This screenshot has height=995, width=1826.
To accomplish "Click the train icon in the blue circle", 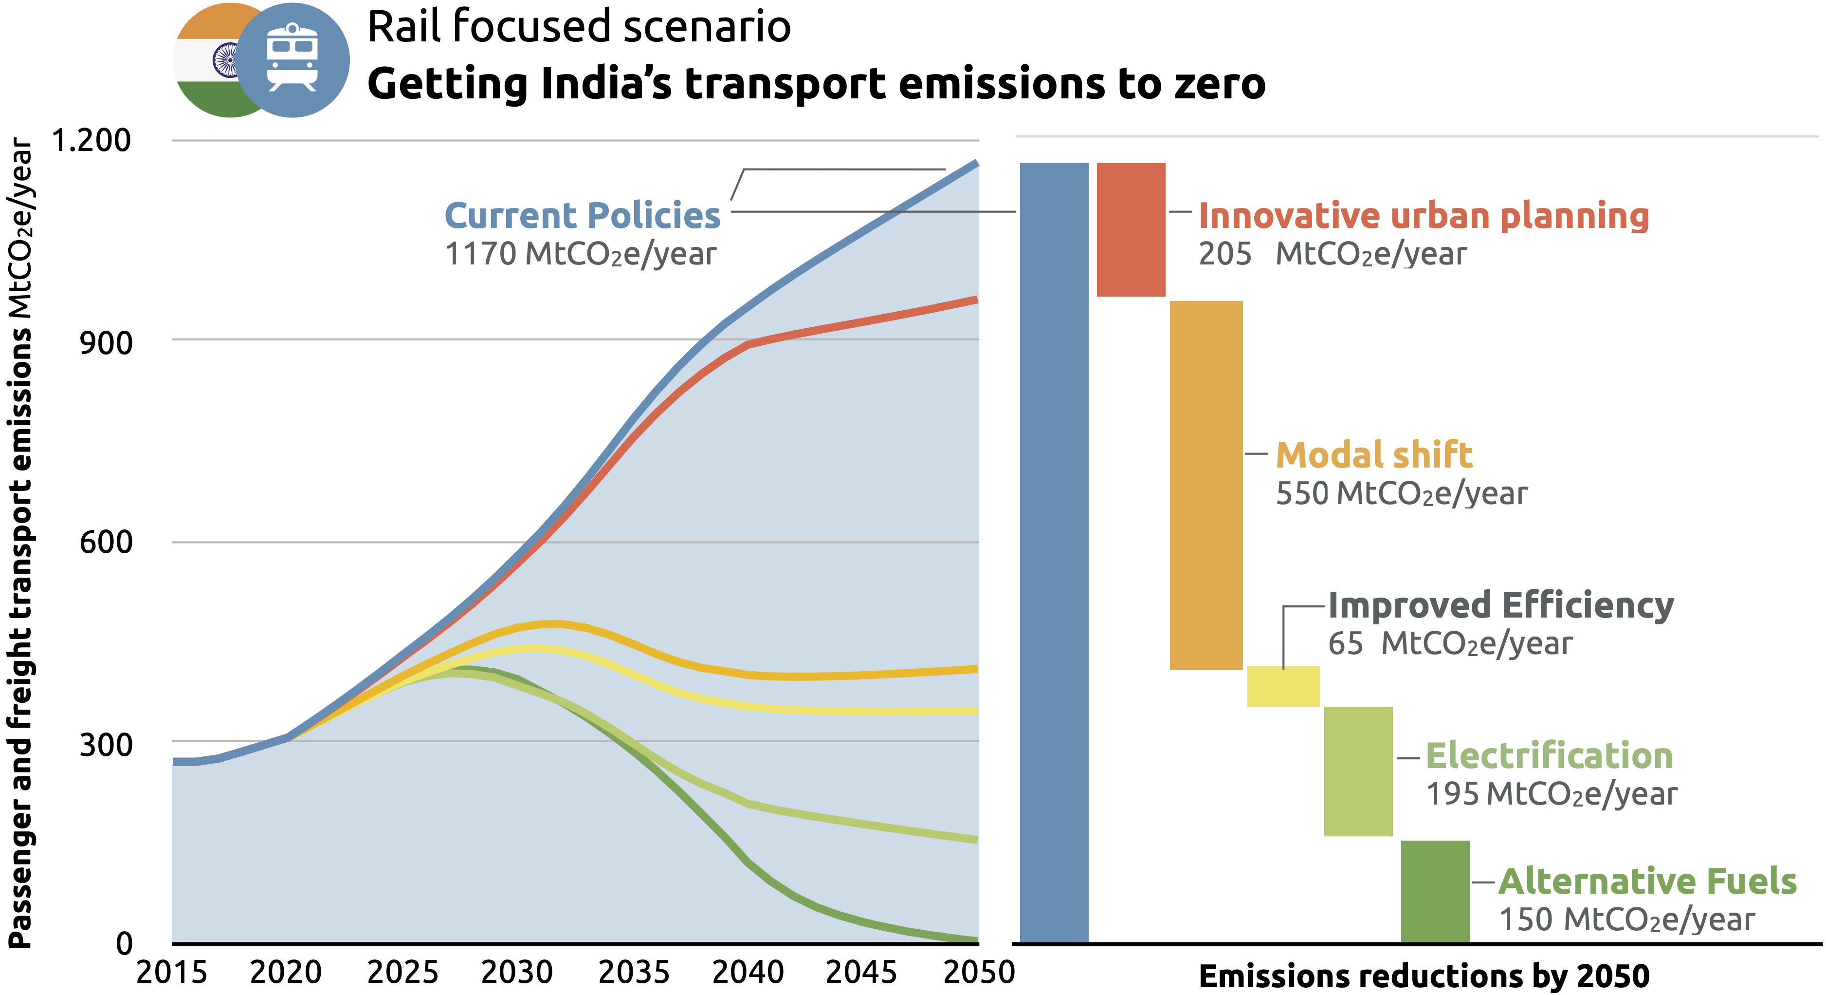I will [292, 58].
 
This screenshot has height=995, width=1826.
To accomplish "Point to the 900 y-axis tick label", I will [106, 343].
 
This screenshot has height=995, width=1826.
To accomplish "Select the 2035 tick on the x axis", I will [634, 972].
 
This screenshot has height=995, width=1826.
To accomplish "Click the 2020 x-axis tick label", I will [286, 972].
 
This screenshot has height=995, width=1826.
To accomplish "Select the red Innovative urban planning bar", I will [1131, 230].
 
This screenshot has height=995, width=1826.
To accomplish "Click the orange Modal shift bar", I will [1206, 485].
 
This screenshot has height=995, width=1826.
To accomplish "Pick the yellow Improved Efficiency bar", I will [1283, 687].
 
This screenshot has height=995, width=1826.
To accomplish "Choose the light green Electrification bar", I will [1358, 771].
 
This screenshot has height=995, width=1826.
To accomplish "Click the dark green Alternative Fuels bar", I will [1435, 891].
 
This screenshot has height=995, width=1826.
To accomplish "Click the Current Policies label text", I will [582, 216].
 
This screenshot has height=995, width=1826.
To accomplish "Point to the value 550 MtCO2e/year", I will [1402, 493].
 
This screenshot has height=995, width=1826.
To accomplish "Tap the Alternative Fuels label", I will [1647, 882].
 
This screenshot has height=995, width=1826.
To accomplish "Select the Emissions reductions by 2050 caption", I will [1424, 976].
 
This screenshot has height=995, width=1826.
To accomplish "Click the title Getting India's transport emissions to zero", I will [816, 84].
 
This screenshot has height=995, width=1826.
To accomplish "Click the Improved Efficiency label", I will [1500, 606].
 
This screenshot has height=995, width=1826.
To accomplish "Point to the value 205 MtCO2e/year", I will [1332, 254].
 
